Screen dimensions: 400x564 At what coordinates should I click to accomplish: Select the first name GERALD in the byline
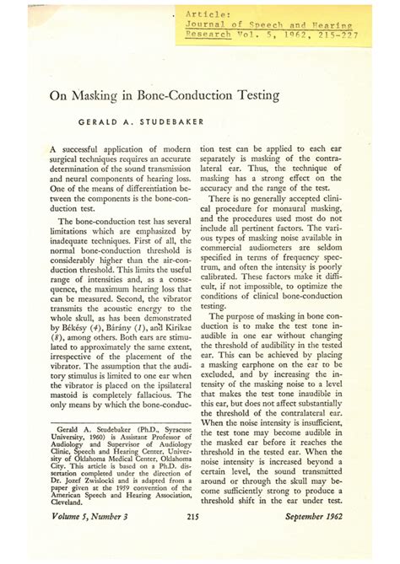tap(99, 122)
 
